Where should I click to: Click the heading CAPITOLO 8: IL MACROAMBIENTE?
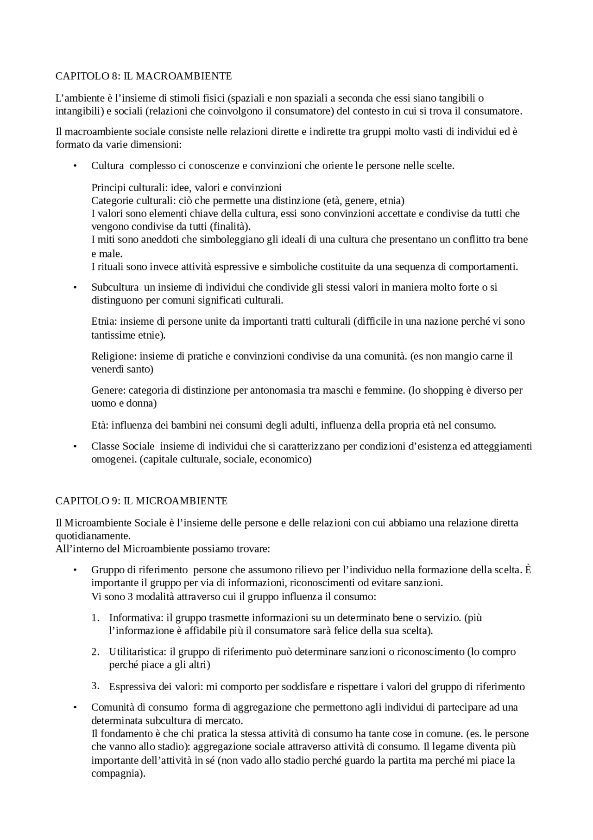pyautogui.click(x=144, y=76)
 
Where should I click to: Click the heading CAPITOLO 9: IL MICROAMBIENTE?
pyautogui.click(x=141, y=501)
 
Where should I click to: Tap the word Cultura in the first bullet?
pyautogui.click(x=107, y=166)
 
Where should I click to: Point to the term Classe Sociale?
pyautogui.click(x=123, y=446)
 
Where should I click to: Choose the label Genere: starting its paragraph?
pyautogui.click(x=109, y=390)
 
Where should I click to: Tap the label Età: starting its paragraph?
pyautogui.click(x=100, y=425)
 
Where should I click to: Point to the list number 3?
pyautogui.click(x=95, y=686)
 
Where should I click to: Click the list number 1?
pyautogui.click(x=95, y=618)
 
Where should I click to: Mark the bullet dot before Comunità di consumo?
pyautogui.click(x=74, y=708)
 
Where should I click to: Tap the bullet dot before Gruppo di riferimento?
pyautogui.click(x=74, y=570)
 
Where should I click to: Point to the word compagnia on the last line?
pyautogui.click(x=117, y=774)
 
